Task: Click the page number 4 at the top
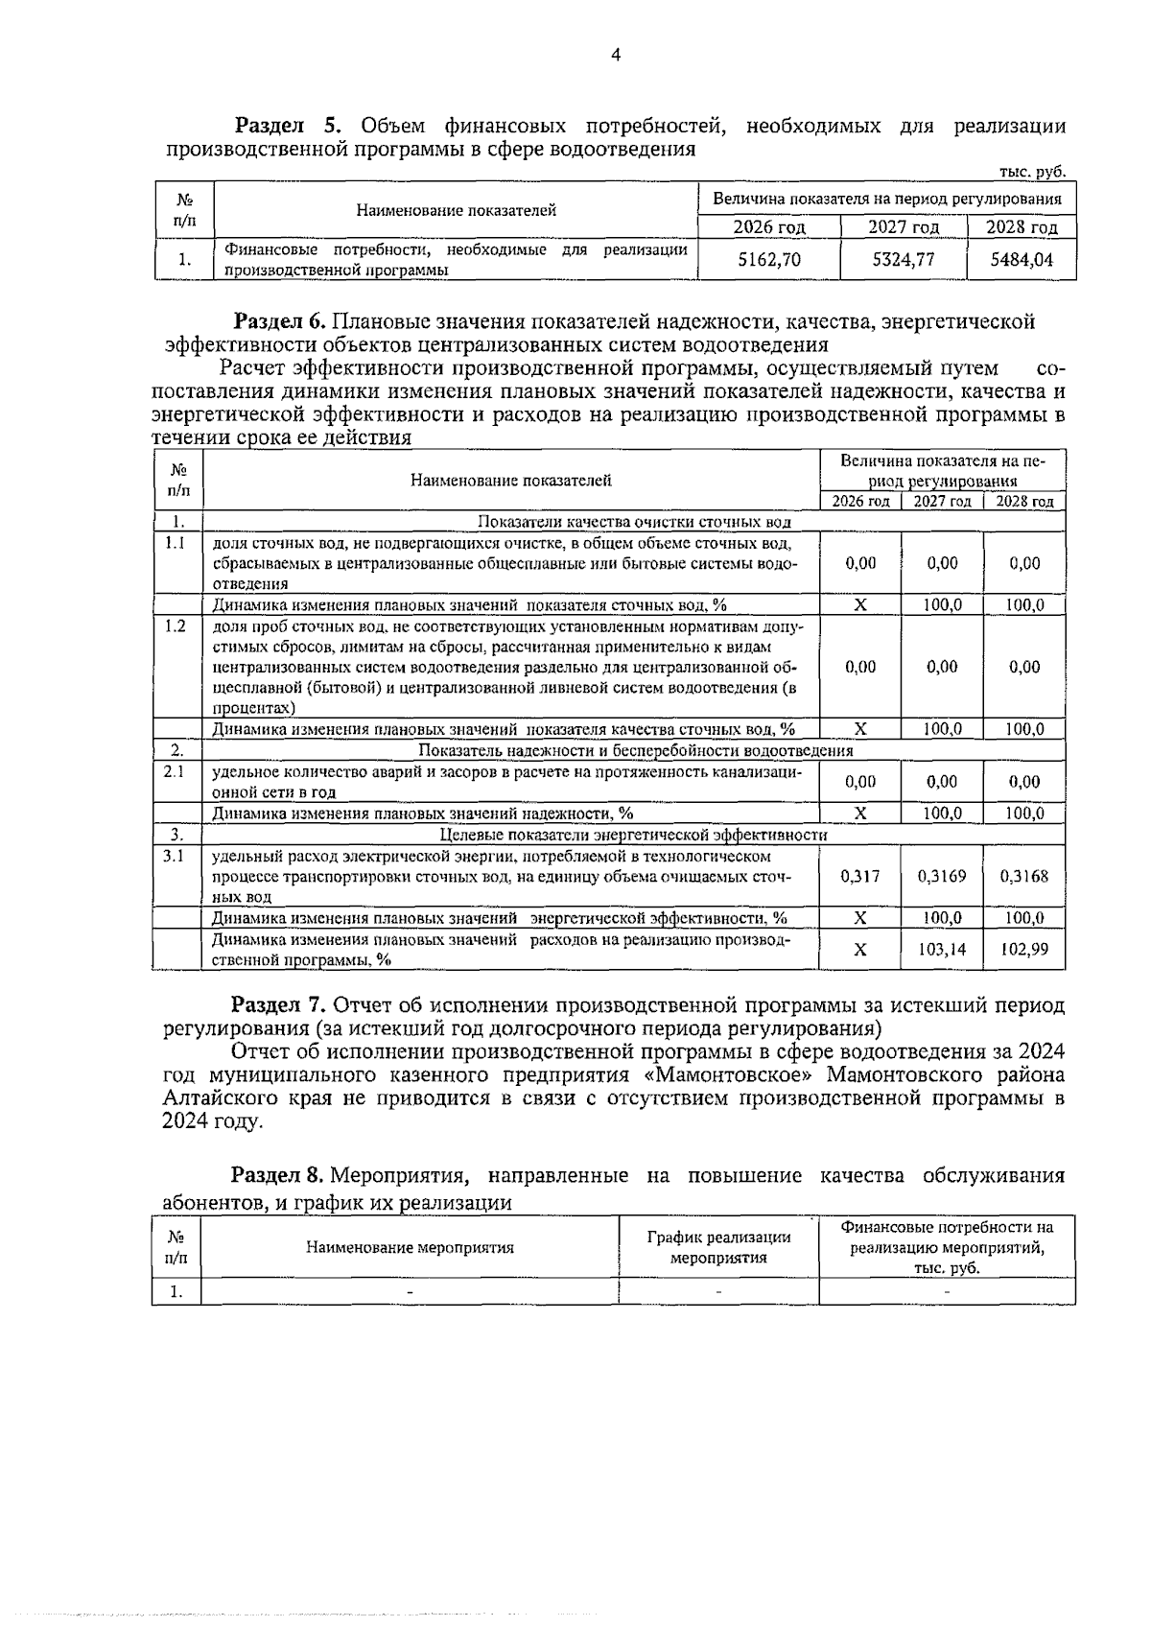616,56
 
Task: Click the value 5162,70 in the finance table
769,259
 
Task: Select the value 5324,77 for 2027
904,259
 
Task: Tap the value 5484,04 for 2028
1022,259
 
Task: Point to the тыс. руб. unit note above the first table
1032,173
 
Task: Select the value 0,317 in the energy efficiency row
860,876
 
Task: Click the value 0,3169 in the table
942,876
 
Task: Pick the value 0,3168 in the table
1024,876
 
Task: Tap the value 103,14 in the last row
942,949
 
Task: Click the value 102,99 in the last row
1024,949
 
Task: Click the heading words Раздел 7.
278,1005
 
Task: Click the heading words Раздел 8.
277,1176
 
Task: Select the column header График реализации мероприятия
718,1247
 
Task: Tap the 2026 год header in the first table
769,227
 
